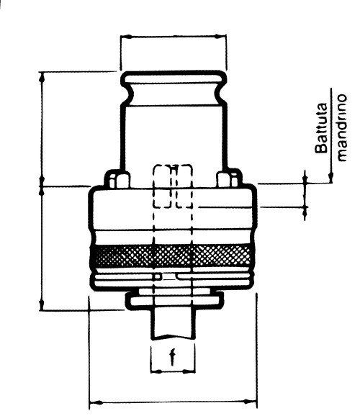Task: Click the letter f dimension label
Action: (173, 357)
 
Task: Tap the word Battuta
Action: (322, 128)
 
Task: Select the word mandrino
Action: (342, 127)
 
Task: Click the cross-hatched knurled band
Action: (172, 256)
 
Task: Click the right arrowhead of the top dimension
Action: (220, 36)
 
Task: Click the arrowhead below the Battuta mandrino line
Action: (330, 177)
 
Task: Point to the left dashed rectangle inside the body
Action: (162, 186)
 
